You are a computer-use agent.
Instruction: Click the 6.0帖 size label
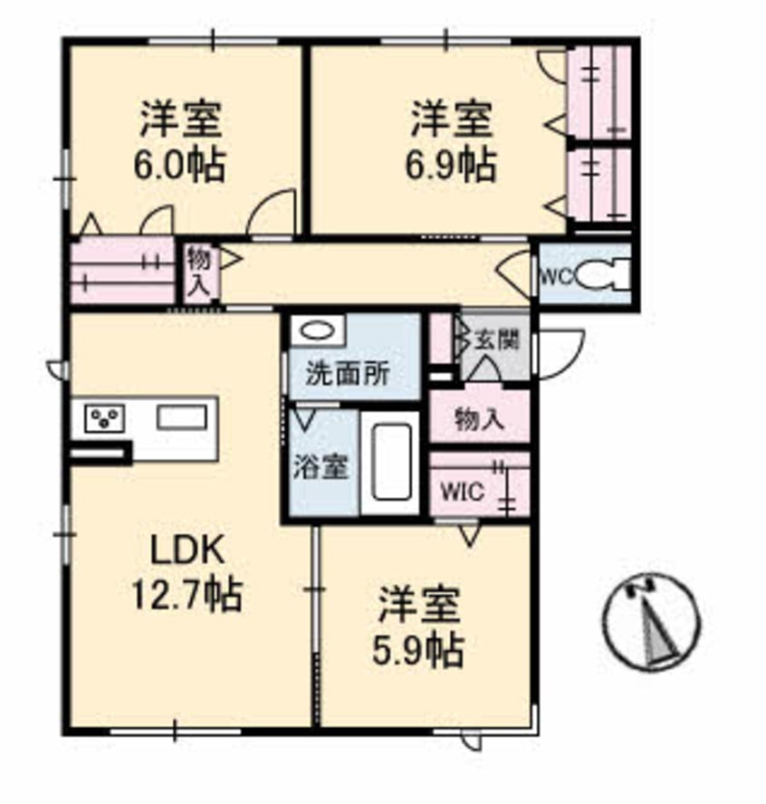pos(181,167)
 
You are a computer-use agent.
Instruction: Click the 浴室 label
pos(321,471)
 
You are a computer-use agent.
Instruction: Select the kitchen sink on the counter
pos(183,417)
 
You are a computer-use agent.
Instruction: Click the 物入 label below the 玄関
pos(479,420)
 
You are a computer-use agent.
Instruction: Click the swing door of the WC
pos(516,272)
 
